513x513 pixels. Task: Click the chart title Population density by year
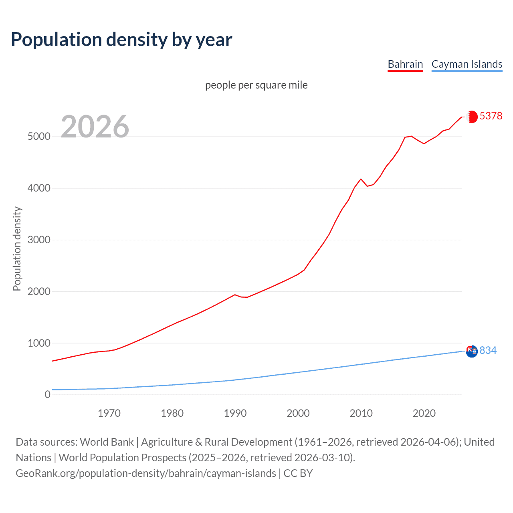coord(121,40)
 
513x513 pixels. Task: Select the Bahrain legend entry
coord(405,64)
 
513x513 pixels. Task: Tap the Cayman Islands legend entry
coord(467,64)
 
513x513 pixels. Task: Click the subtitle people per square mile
coord(256,85)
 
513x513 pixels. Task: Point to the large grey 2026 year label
coord(95,127)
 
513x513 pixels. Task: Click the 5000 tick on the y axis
coord(39,136)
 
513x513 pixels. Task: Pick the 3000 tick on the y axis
coord(39,240)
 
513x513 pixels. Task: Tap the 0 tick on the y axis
coord(48,394)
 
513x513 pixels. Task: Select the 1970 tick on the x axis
coord(109,413)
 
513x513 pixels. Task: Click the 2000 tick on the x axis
coord(298,413)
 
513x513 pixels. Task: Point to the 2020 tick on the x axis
coord(424,413)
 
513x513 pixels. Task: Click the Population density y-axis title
coord(17,248)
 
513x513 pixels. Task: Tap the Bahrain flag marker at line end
coord(472,117)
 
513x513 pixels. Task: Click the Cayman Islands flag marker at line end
coord(472,351)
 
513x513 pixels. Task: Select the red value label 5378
coord(491,116)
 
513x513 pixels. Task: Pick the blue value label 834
coord(488,350)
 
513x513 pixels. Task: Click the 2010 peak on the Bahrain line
coord(361,179)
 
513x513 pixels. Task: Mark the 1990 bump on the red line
coord(235,295)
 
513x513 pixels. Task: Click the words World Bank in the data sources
coord(107,442)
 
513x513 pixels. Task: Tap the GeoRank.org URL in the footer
coord(146,473)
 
